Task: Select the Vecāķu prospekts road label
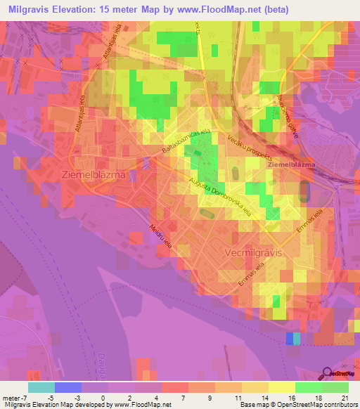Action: [x=250, y=150]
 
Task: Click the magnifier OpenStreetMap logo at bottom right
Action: [x=338, y=372]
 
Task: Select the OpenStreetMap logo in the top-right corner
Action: [x=339, y=75]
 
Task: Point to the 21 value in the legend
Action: [x=344, y=398]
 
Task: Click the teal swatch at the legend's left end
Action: [x=41, y=387]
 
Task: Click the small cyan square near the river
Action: [x=296, y=339]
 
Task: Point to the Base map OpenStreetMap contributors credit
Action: [x=296, y=405]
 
